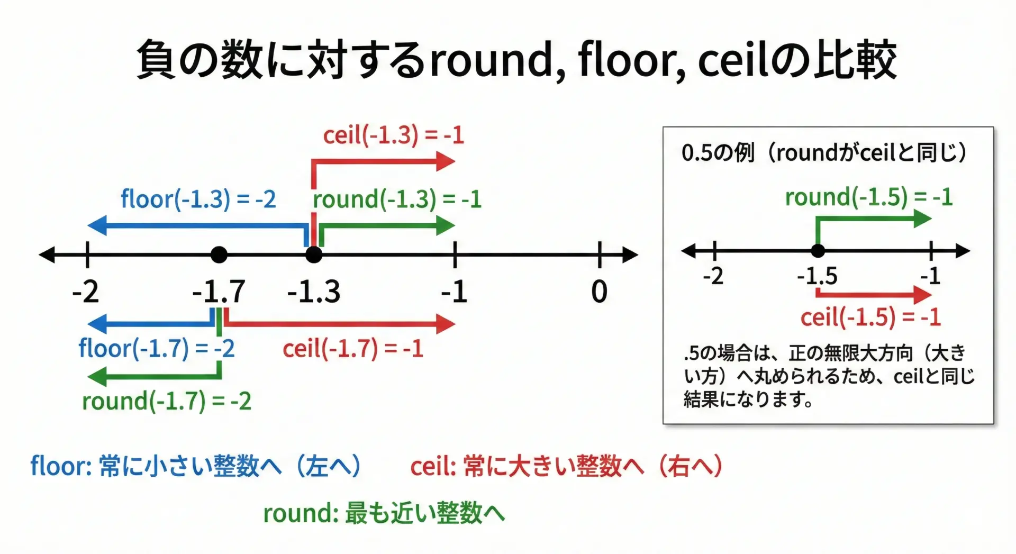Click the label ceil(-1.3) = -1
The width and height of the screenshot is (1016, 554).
(x=393, y=135)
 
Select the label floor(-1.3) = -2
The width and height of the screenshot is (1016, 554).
(x=198, y=199)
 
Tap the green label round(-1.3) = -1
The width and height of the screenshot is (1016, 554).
(x=397, y=199)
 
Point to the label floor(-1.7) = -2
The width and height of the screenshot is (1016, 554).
(x=157, y=349)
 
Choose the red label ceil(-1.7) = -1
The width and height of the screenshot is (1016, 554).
(x=353, y=349)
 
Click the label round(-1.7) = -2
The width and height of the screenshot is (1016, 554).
(x=167, y=401)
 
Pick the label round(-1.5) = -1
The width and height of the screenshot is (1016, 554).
(x=869, y=197)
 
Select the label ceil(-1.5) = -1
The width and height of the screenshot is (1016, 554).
(x=870, y=317)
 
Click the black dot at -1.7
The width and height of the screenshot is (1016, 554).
(x=219, y=255)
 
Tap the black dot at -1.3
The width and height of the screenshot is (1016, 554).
(x=314, y=255)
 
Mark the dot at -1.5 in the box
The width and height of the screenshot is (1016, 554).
(x=818, y=251)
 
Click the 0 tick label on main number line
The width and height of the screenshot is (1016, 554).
(x=599, y=292)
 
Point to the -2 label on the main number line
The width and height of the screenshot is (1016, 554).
(x=86, y=292)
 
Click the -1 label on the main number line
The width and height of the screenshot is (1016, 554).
(x=455, y=292)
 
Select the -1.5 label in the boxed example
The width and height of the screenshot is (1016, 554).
(x=818, y=276)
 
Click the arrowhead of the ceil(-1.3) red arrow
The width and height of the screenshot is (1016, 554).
(x=446, y=161)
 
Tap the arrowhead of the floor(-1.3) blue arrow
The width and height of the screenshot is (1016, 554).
(x=97, y=225)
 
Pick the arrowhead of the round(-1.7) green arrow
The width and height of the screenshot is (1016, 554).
(x=97, y=377)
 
